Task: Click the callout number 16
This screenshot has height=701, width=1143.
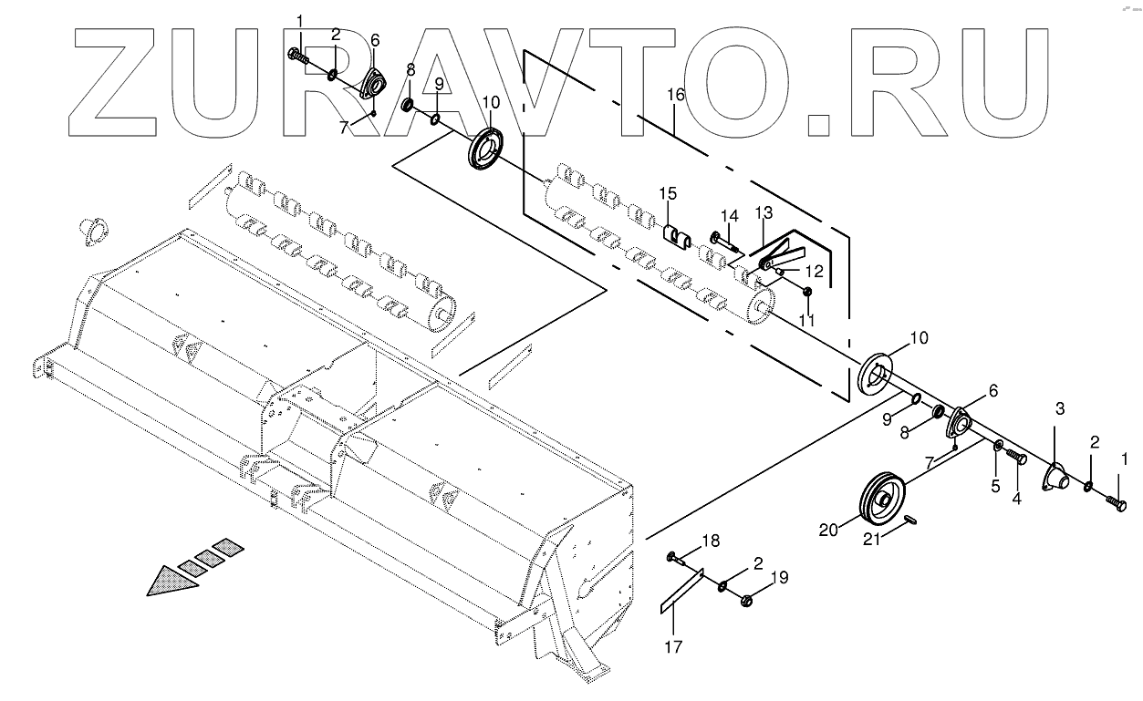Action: [x=674, y=94]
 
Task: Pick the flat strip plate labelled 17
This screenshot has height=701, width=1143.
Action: [x=682, y=593]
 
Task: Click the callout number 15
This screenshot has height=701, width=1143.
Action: [x=669, y=193]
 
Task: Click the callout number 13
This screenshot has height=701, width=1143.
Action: [x=763, y=212]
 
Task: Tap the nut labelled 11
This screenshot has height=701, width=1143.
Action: [x=806, y=292]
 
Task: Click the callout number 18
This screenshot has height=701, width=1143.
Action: [x=710, y=541]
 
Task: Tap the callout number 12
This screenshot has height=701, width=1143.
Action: [x=814, y=271]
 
